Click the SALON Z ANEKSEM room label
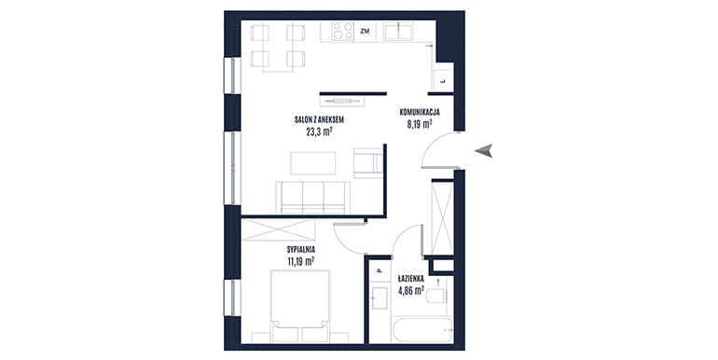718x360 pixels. (x=320, y=120)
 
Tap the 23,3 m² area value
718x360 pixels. (x=319, y=132)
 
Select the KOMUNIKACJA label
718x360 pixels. (x=420, y=111)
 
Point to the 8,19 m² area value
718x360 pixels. (x=420, y=123)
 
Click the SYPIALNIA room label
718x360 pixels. (x=301, y=250)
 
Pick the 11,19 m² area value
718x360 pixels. (x=301, y=262)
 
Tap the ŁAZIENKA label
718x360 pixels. (x=410, y=278)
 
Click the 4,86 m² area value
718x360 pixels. (x=410, y=290)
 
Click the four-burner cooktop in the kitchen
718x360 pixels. (x=343, y=32)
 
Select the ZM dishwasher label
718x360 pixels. (x=365, y=32)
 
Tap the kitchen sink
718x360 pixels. (x=398, y=32)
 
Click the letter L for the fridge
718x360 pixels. (x=442, y=81)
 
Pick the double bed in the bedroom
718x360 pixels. (x=300, y=307)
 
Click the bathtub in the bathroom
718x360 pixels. (x=422, y=330)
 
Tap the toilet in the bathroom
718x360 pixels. (x=436, y=295)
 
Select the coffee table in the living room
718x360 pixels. (x=313, y=163)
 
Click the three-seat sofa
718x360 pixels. (x=312, y=198)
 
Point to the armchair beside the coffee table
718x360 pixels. (x=368, y=162)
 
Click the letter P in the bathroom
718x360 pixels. (x=380, y=271)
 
